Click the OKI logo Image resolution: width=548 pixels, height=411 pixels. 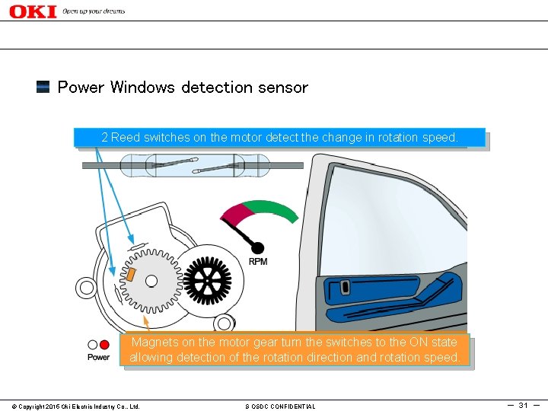click(x=33, y=11)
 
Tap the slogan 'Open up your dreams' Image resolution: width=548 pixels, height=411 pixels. click(x=94, y=11)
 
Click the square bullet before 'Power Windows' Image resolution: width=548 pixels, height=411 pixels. click(x=43, y=87)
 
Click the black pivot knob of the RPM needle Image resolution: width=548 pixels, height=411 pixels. click(x=258, y=247)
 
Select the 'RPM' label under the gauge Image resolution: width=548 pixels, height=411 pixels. click(x=258, y=262)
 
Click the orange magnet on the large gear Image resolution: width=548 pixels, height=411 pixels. click(x=130, y=272)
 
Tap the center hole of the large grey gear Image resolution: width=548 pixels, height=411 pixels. click(x=151, y=281)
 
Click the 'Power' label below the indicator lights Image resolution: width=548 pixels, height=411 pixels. click(x=98, y=357)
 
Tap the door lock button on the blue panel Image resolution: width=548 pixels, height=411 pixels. click(x=346, y=288)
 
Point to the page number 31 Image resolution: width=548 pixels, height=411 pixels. click(x=523, y=405)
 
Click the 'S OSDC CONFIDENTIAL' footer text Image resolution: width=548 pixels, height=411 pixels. click(x=280, y=406)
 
